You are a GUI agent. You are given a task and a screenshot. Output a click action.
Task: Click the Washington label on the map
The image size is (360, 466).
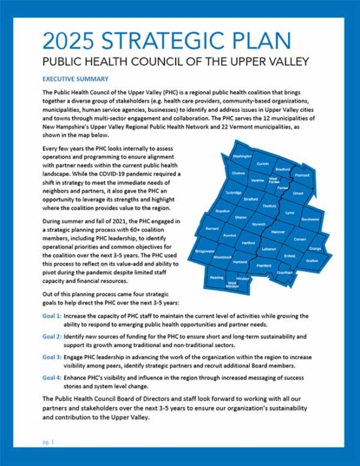[x=242, y=157]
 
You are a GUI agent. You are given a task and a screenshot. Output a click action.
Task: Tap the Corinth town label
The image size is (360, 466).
[x=263, y=163]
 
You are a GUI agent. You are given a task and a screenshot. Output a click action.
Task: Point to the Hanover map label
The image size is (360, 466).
[x=277, y=232]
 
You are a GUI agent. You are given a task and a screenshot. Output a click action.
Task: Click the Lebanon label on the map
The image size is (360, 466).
[x=268, y=249]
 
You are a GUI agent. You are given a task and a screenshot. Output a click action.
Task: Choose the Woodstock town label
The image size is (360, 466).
[x=223, y=256]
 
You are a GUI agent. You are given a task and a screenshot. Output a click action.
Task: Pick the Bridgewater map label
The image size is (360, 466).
[x=205, y=251]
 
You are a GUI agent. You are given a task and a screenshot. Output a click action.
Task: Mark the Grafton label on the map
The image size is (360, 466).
[x=312, y=260]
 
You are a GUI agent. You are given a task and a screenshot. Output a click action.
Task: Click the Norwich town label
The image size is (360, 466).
[x=258, y=224]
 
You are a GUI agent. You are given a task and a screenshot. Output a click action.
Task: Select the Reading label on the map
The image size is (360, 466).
[x=217, y=278]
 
